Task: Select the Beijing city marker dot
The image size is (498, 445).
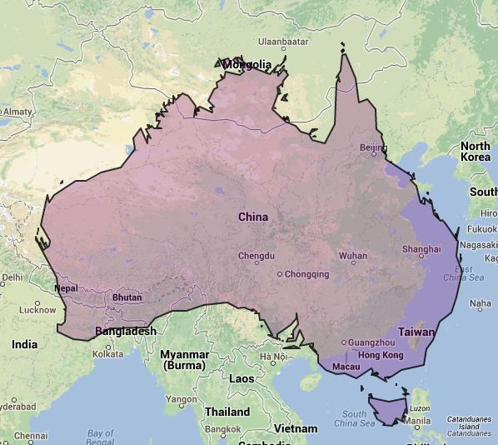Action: [x=375, y=154]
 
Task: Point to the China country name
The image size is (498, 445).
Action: [x=253, y=217]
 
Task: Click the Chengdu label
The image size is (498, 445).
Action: [x=256, y=256]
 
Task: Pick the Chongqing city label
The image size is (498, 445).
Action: [x=307, y=273]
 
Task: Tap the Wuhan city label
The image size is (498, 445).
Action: [x=352, y=256]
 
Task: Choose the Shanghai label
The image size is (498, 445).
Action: [x=421, y=249]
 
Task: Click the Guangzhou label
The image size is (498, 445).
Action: [x=371, y=342]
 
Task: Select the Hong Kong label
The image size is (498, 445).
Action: [x=381, y=355]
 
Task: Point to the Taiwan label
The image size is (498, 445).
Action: [x=416, y=331]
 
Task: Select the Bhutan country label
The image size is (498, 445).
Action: [x=127, y=297]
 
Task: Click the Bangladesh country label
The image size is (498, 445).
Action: [x=126, y=331]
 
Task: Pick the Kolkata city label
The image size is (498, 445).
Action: [x=107, y=353]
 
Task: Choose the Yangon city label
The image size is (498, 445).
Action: [x=181, y=399]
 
